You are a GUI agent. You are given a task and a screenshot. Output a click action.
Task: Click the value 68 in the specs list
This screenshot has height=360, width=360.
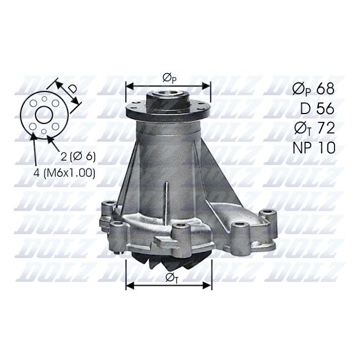[x=325, y=89]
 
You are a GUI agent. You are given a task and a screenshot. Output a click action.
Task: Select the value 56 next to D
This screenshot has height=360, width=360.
[x=325, y=109]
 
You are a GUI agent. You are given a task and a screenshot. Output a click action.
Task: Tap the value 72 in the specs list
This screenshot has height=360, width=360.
[x=325, y=128]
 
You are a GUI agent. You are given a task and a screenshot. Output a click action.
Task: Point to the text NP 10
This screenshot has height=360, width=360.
[x=314, y=148]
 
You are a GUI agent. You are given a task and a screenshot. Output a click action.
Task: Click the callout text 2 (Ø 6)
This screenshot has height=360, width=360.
[x=78, y=156]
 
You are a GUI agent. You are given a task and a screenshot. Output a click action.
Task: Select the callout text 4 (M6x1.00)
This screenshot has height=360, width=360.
[x=64, y=173]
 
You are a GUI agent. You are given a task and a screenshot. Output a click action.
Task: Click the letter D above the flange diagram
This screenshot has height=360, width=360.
[x=73, y=89]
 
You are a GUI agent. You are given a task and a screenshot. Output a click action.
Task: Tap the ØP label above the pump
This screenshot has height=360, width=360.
[x=169, y=78]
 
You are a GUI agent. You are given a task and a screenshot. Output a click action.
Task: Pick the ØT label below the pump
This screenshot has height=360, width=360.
[x=172, y=278]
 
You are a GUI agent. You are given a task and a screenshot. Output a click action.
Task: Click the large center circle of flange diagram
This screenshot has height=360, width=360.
[x=44, y=115]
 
